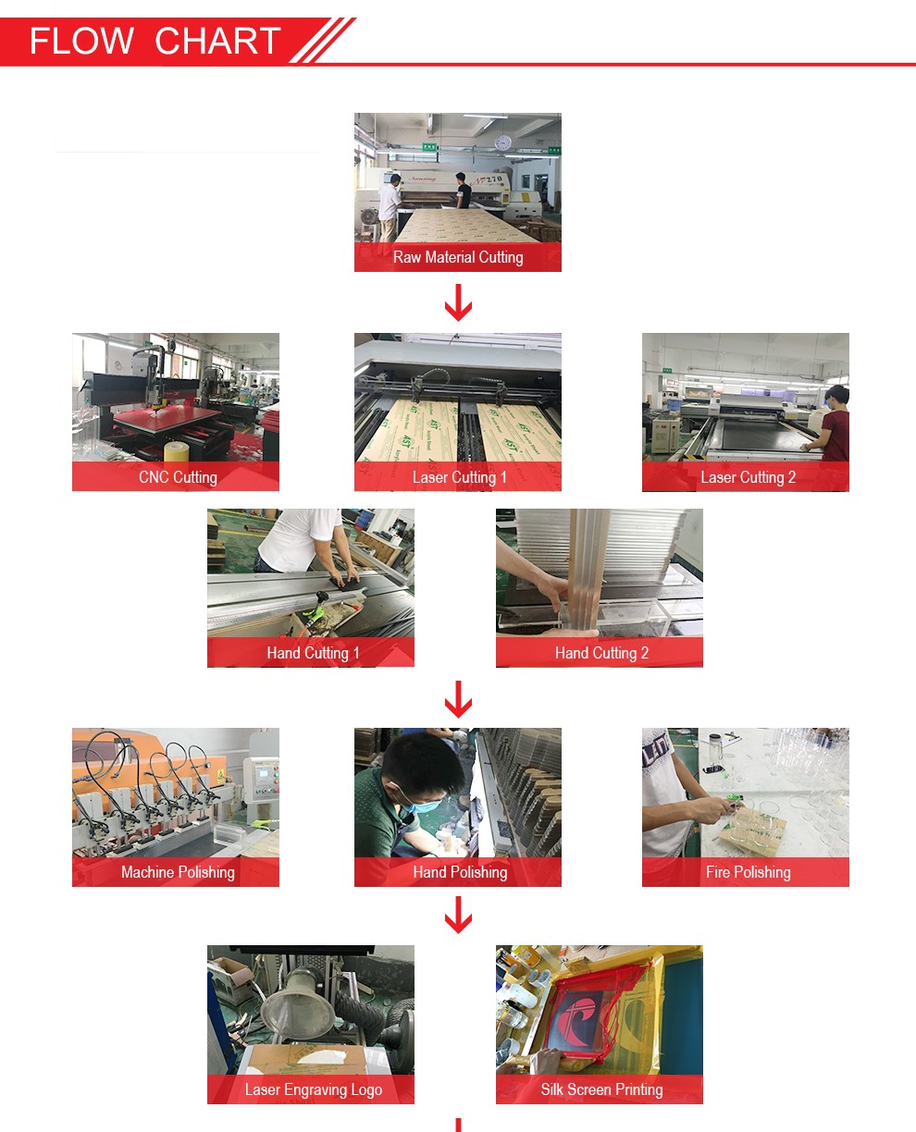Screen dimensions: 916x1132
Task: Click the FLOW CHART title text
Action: (155, 41)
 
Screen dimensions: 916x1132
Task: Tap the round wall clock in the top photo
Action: (503, 142)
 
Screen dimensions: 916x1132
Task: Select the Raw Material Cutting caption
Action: (458, 257)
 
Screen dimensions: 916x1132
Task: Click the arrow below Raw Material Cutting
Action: (458, 302)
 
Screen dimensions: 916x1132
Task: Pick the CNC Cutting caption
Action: (178, 477)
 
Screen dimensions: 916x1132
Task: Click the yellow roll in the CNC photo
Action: (177, 451)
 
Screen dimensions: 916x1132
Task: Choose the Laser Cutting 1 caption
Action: (459, 477)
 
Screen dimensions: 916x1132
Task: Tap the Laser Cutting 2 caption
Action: (748, 477)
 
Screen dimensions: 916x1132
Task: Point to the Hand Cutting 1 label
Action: (313, 653)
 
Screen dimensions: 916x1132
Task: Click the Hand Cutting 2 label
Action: (601, 653)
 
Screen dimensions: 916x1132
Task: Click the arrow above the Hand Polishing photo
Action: (458, 699)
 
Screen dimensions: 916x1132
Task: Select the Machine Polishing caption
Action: (178, 872)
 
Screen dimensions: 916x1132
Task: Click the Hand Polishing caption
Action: (460, 872)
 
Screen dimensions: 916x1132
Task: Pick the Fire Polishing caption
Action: (748, 872)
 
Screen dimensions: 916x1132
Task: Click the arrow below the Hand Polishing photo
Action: (458, 915)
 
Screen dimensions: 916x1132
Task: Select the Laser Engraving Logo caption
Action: (313, 1089)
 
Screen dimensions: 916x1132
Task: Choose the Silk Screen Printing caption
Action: (601, 1089)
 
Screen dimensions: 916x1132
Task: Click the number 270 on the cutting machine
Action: (493, 179)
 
